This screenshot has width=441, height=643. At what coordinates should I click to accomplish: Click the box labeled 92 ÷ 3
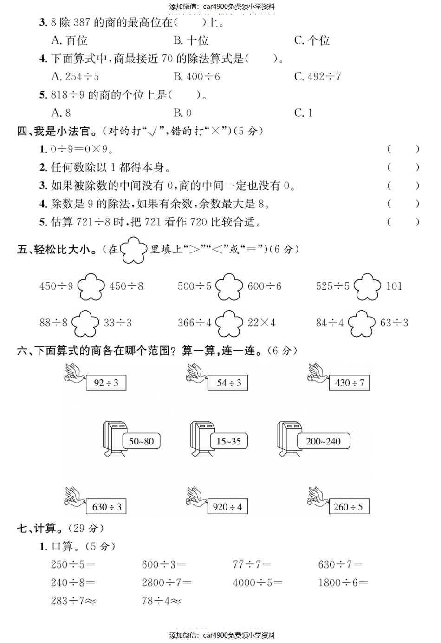(x=106, y=383)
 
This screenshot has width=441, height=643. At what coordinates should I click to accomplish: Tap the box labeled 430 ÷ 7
(x=349, y=383)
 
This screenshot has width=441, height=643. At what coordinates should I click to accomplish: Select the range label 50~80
(x=141, y=441)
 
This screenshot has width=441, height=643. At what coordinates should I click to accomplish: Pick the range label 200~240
(x=323, y=441)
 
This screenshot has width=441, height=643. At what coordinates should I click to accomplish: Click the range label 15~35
(x=228, y=441)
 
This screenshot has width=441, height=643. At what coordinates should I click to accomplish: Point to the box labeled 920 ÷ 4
(x=227, y=507)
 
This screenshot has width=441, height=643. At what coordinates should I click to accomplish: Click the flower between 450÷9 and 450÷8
(x=91, y=286)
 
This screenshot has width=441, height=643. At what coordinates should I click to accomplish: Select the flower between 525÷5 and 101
(x=367, y=286)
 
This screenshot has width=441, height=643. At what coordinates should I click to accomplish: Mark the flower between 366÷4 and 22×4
(x=229, y=323)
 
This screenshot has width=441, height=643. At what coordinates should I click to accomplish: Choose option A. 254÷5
(x=75, y=76)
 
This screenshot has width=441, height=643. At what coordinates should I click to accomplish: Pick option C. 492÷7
(x=318, y=76)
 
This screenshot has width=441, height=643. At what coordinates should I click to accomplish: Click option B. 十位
(x=191, y=40)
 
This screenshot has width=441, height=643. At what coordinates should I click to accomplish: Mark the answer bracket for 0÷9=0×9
(x=403, y=149)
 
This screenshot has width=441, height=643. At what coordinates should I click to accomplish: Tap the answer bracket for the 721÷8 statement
(x=403, y=222)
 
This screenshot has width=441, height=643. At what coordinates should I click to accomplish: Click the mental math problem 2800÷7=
(x=167, y=583)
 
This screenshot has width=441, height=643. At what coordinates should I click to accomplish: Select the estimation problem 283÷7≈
(x=73, y=601)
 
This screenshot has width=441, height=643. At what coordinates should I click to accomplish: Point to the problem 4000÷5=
(x=258, y=583)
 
